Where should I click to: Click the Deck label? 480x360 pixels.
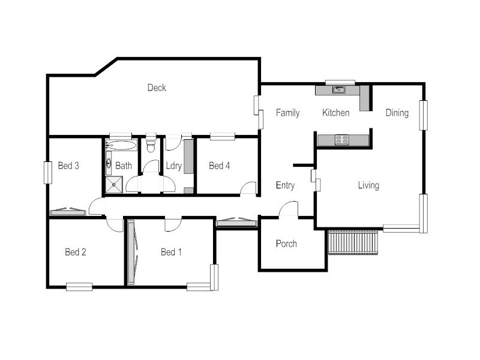157,88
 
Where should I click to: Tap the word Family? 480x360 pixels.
287,113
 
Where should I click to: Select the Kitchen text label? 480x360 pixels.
335,113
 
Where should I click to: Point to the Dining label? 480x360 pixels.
397,113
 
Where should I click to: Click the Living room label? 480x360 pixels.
368,185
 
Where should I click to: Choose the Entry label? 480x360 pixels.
285,185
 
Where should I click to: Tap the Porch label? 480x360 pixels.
286,244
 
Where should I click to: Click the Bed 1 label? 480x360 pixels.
171,252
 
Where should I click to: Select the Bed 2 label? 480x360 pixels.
76,252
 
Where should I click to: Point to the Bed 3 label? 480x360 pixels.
68,166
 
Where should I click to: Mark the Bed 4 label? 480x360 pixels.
219,166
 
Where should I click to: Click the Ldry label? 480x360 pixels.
173,166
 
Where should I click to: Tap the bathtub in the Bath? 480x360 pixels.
121,145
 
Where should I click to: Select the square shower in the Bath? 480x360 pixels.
113,185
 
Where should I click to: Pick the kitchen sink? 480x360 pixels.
340,90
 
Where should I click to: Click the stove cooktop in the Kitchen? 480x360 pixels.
342,140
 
